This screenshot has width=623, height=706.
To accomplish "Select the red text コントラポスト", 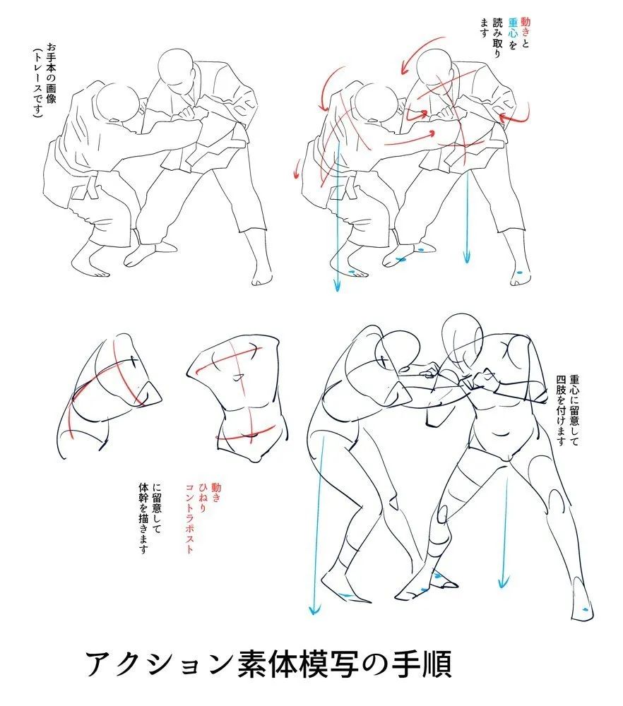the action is tap(189, 518).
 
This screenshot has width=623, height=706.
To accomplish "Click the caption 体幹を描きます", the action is tap(143, 518).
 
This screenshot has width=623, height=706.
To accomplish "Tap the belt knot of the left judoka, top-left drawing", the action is tap(93, 188).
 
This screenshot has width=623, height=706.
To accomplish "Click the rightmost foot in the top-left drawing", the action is tap(262, 271).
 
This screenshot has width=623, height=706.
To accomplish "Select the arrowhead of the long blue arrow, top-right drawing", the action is tap(336, 285).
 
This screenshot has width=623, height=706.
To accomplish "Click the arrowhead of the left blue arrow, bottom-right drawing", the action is tap(314, 609).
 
